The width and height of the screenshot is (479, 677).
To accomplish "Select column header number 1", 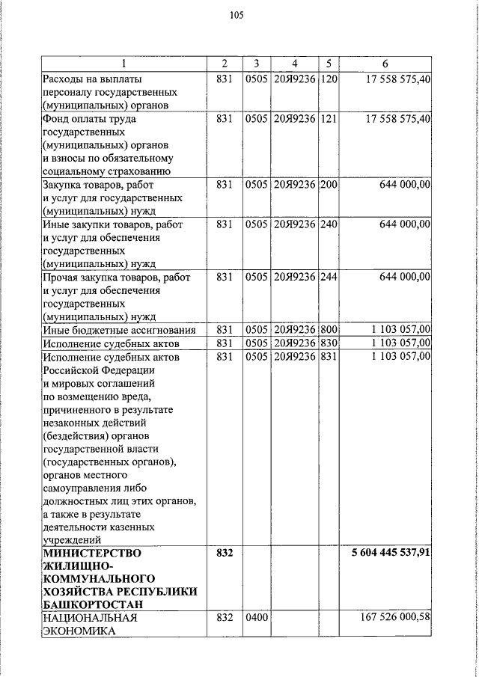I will click(x=124, y=64).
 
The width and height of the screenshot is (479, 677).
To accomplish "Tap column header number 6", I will click(x=385, y=64).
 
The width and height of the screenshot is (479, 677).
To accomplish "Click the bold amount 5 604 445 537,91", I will click(x=391, y=554).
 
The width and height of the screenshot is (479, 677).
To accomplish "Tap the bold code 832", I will click(x=225, y=554).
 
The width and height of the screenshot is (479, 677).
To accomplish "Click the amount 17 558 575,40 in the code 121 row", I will click(x=396, y=118).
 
